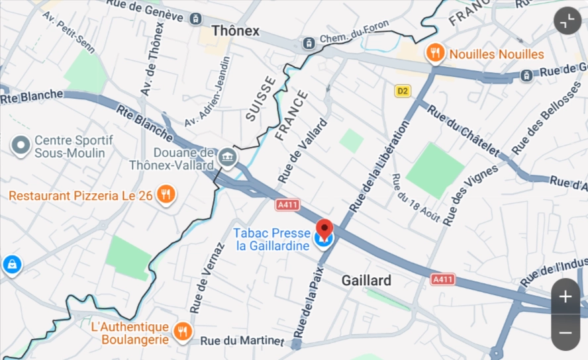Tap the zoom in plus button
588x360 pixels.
click(x=565, y=297)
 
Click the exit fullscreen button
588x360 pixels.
click(x=567, y=21)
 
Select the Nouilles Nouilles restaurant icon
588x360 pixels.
click(x=435, y=53)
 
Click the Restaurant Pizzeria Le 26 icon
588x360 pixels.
click(x=166, y=195)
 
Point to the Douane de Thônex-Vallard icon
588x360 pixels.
click(x=228, y=157)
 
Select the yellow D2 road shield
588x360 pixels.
click(x=403, y=91)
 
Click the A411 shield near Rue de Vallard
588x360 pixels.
click(x=287, y=205)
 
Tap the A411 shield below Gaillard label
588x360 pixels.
click(x=443, y=279)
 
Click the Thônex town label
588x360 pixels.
click(x=236, y=31)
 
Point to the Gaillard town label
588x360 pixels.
click(x=366, y=280)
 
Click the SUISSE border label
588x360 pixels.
click(x=260, y=99)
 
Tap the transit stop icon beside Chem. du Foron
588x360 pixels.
click(x=309, y=44)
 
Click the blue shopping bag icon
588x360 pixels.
click(x=12, y=265)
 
